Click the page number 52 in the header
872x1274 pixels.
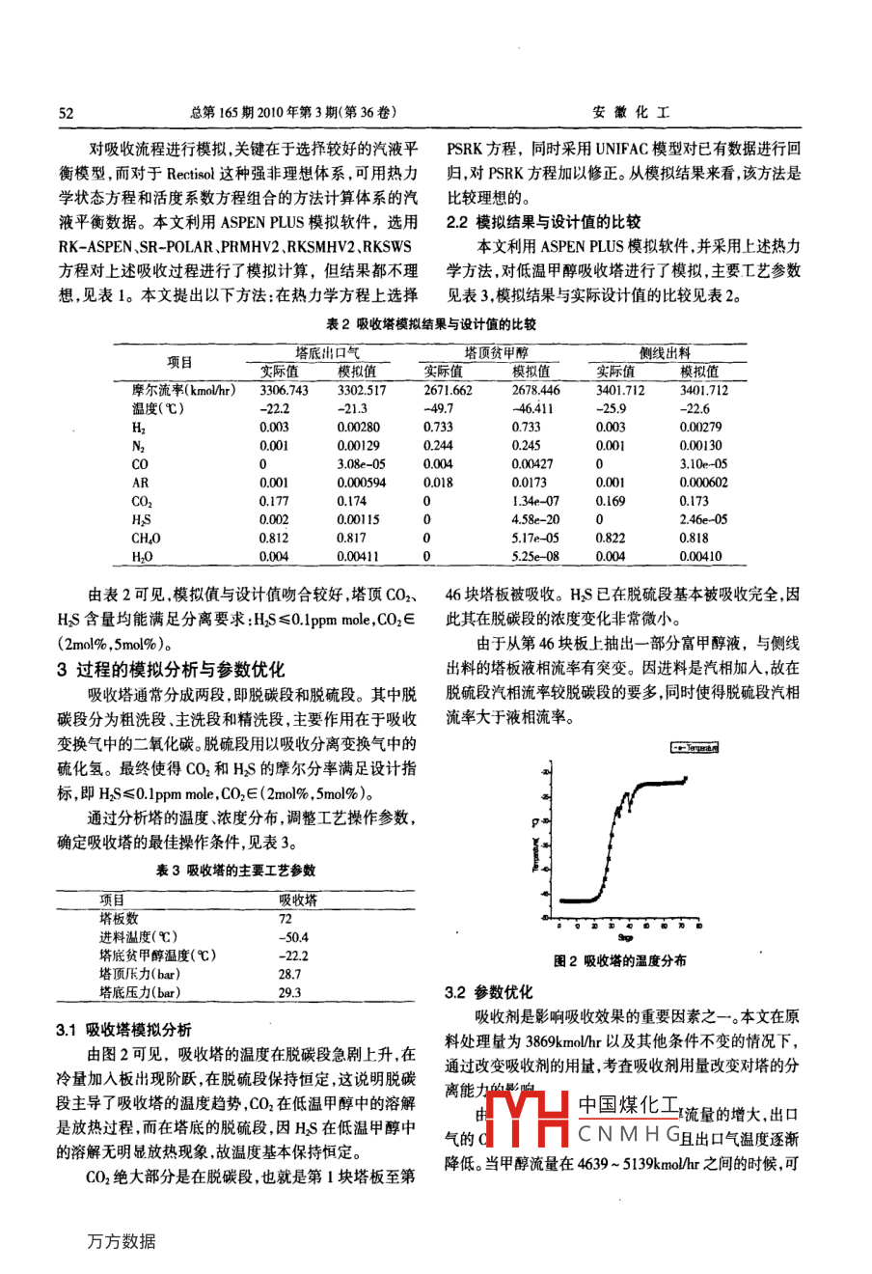tap(66, 113)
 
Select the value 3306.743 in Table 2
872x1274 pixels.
tap(284, 390)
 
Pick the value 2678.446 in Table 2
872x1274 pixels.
tap(535, 390)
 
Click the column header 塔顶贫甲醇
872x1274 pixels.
tap(496, 353)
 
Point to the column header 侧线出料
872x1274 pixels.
tap(666, 353)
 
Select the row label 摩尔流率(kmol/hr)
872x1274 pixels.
tap(183, 390)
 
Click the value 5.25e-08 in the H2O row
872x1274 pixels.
tap(535, 556)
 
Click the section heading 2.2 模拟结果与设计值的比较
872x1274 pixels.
tap(543, 222)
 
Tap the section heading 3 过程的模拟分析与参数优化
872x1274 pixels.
tap(171, 669)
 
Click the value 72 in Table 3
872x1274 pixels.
tap(285, 918)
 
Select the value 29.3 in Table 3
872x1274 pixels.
tap(289, 991)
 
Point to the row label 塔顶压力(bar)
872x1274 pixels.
tap(140, 973)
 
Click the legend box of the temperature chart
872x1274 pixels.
tap(694, 747)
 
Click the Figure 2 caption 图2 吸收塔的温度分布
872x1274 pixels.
tap(620, 960)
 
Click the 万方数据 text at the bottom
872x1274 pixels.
tap(121, 1241)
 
